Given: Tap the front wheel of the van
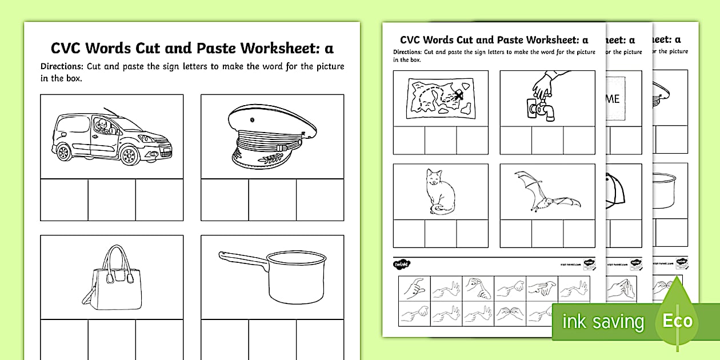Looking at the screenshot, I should point(130,155).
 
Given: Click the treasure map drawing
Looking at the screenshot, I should point(440,98).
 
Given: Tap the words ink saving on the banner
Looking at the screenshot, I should point(602,322).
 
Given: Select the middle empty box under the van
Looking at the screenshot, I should point(111,200).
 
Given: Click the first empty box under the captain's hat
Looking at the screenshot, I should point(225,200).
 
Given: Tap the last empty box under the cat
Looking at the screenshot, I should point(472,233).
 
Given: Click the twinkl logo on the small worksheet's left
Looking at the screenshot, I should point(402,264).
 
